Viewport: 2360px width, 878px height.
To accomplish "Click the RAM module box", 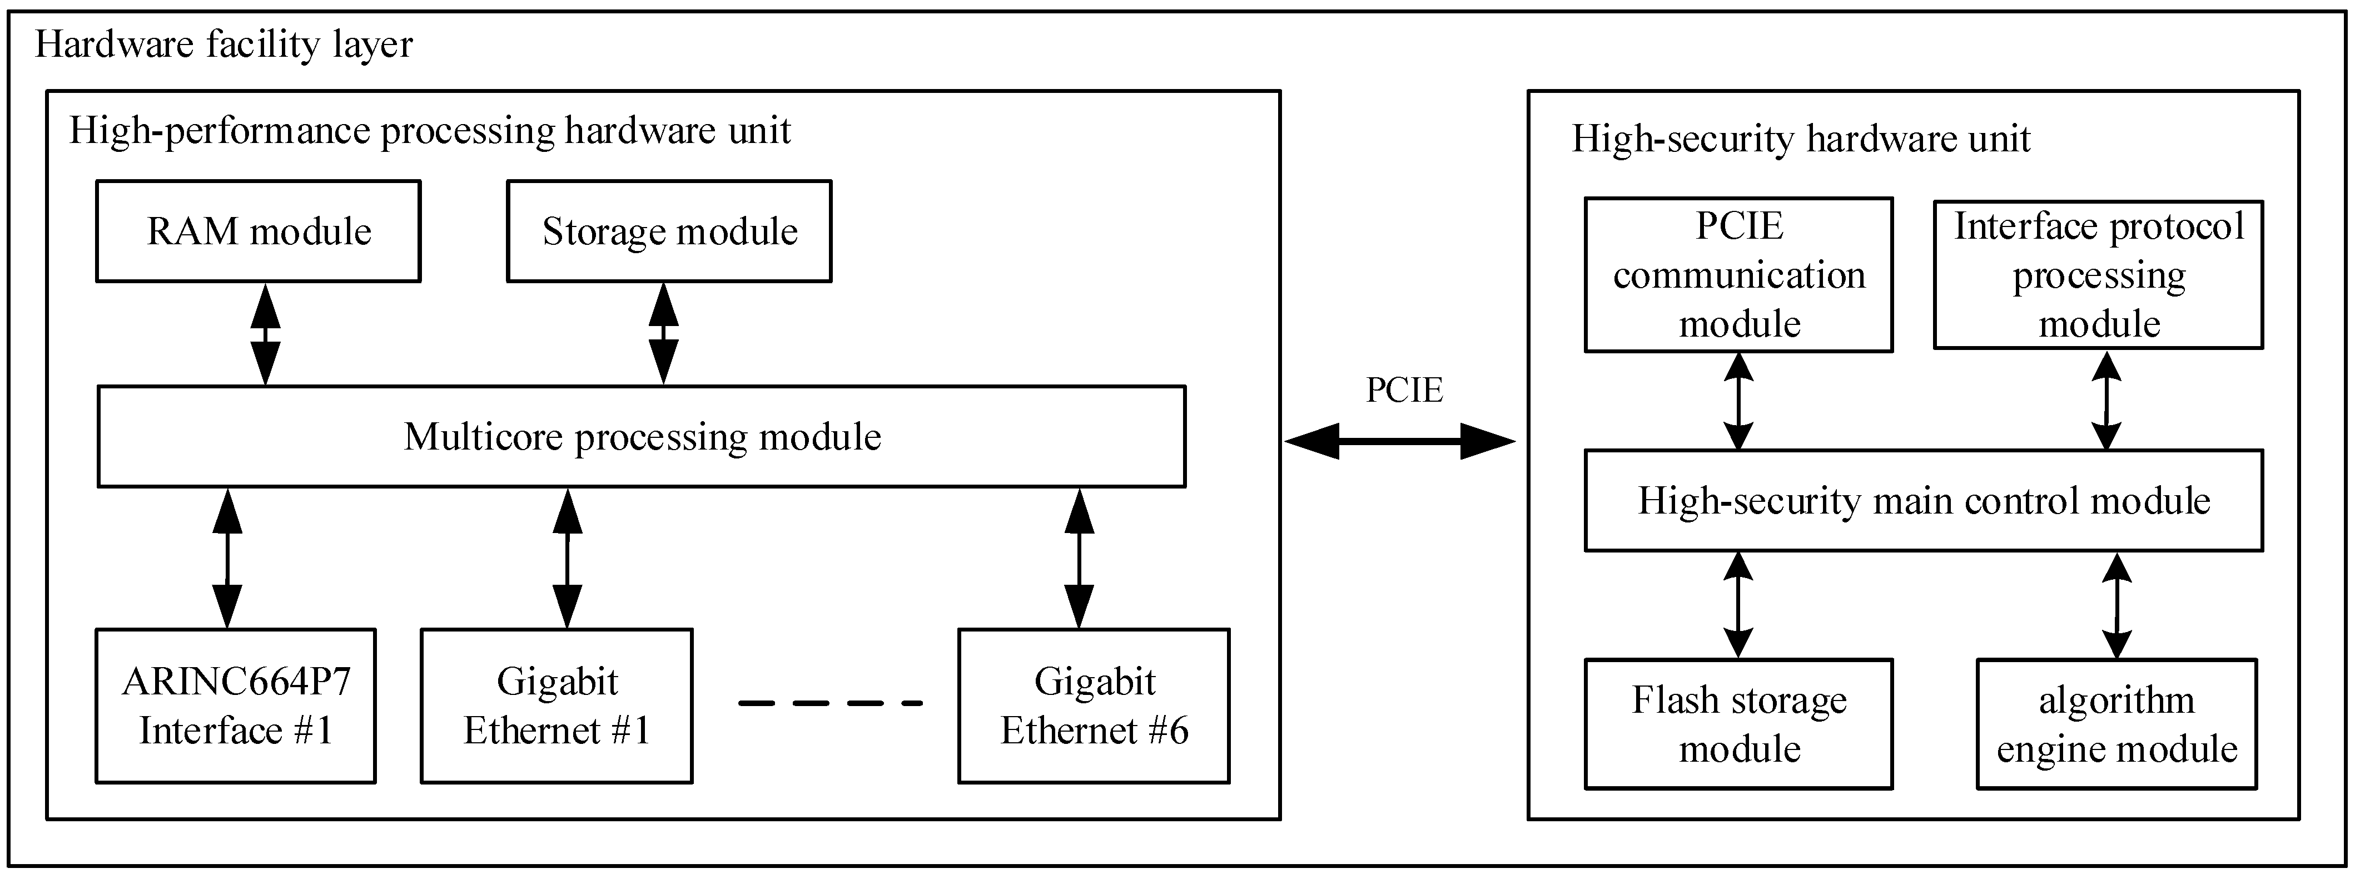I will (x=259, y=231).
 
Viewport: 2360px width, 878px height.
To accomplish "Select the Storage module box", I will (x=669, y=231).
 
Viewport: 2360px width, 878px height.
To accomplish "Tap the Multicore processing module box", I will (x=642, y=436).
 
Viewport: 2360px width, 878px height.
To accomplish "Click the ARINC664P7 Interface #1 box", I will (x=236, y=706).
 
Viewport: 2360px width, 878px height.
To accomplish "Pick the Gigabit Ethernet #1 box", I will (x=556, y=706).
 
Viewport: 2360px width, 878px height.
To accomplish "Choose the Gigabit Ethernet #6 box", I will (x=1094, y=706).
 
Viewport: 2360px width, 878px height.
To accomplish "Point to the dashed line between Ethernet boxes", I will (x=830, y=703).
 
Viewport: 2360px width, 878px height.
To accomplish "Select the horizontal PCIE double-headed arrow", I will (x=1400, y=441).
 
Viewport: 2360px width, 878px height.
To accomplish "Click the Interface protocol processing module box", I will (x=2098, y=275).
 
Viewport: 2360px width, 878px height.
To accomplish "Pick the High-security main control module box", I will (x=1924, y=500).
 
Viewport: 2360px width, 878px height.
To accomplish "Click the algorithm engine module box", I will (x=2116, y=724).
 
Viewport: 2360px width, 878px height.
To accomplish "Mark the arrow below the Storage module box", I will (x=663, y=334).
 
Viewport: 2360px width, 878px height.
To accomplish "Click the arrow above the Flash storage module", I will (x=1738, y=605).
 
